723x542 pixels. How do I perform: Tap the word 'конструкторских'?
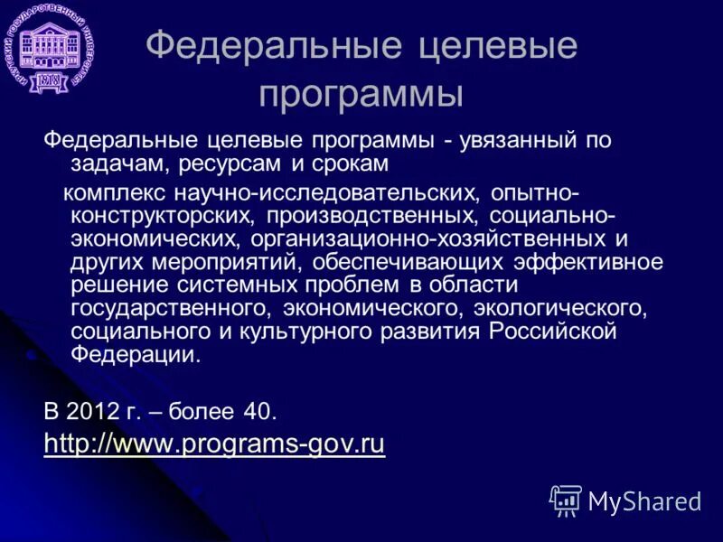point(166,216)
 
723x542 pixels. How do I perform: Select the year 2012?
point(99,411)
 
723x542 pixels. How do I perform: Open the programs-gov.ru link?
point(214,444)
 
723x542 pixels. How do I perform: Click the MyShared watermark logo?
point(625,501)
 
